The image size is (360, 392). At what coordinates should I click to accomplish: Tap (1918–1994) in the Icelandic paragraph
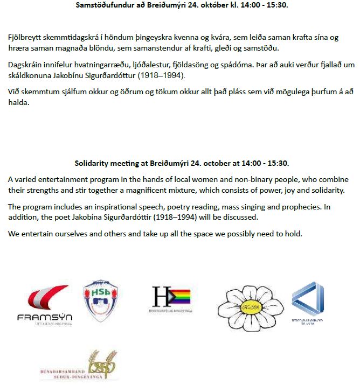[x=161, y=75]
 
